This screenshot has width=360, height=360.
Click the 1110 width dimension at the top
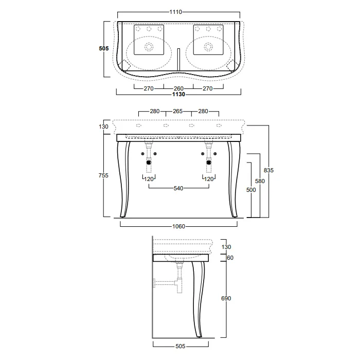176,12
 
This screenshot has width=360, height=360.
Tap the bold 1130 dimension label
178,94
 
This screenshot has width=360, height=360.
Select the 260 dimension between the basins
178,88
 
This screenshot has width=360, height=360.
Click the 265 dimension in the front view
178,111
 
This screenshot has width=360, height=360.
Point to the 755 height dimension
103,175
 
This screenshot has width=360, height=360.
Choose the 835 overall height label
268,170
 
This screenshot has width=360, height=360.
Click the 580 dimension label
260,181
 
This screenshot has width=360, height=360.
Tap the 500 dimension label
251,190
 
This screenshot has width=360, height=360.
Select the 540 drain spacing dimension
178,189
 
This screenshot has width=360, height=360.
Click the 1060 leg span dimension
178,226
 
